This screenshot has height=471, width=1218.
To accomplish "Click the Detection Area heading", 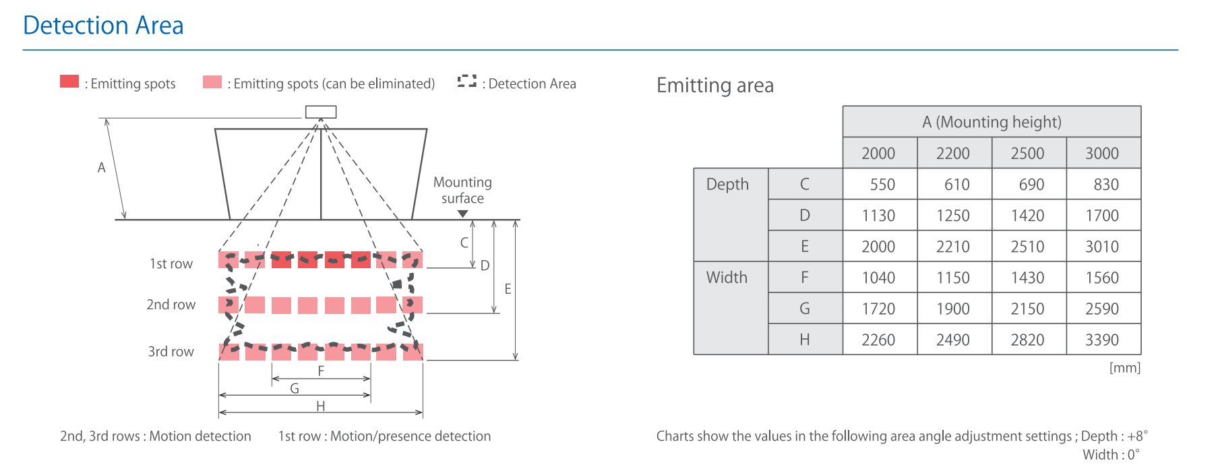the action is pyautogui.click(x=103, y=26).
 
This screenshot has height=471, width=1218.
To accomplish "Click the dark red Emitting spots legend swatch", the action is pyautogui.click(x=69, y=82).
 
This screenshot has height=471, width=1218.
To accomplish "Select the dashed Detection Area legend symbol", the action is pyautogui.click(x=466, y=81).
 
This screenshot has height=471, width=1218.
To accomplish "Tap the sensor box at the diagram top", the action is pyautogui.click(x=321, y=112).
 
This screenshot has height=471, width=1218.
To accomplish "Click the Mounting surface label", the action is pyautogui.click(x=462, y=190).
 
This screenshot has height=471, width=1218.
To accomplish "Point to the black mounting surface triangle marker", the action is pyautogui.click(x=462, y=214).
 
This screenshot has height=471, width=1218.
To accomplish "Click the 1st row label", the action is pyautogui.click(x=171, y=263).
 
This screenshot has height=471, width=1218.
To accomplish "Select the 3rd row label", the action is pyautogui.click(x=171, y=351).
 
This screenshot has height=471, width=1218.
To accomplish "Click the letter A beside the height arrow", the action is pyautogui.click(x=102, y=167).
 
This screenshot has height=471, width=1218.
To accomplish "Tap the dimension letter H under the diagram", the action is pyautogui.click(x=321, y=406).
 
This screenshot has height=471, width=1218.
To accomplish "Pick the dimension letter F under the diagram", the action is pyautogui.click(x=321, y=371).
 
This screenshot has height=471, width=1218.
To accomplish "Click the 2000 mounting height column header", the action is pyautogui.click(x=879, y=153).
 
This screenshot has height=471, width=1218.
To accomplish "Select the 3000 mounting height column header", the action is pyautogui.click(x=1103, y=153).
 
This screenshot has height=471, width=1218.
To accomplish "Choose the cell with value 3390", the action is pyautogui.click(x=1103, y=340).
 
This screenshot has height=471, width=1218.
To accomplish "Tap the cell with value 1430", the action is pyautogui.click(x=1028, y=278).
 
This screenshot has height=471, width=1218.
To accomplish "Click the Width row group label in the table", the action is pyautogui.click(x=727, y=277).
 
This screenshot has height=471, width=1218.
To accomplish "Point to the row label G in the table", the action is pyautogui.click(x=805, y=309).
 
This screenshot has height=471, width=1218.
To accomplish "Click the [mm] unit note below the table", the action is pyautogui.click(x=1125, y=368).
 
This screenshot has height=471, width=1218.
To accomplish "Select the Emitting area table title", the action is pyautogui.click(x=715, y=86).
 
